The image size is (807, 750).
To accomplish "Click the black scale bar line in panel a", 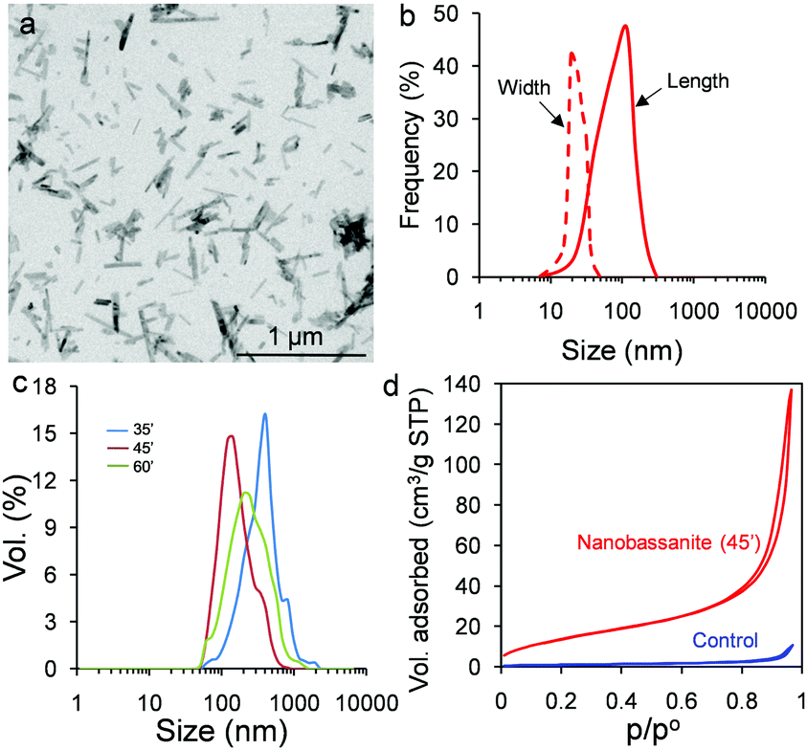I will click(x=301, y=355).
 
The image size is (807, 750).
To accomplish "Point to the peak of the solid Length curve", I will click(x=625, y=26).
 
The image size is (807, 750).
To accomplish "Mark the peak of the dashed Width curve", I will click(x=572, y=54).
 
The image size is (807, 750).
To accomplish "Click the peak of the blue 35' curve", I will click(x=265, y=414).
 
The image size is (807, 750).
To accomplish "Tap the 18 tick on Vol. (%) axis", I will click(x=61, y=386).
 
